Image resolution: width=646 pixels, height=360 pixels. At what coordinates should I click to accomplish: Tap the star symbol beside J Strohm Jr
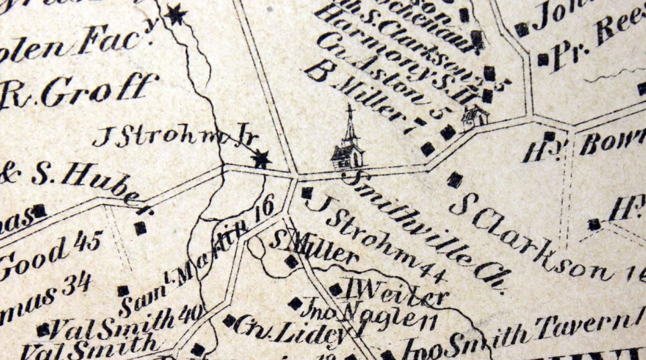pos(261,159)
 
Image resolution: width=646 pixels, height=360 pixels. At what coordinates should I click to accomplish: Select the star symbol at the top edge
pos(176,13)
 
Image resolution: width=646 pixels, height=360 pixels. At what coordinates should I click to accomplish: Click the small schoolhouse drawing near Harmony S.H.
pos(474,116)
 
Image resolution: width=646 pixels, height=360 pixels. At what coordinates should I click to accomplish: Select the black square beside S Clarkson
pos(456,180)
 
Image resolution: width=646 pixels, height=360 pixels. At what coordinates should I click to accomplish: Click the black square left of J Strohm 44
pos(307,193)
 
